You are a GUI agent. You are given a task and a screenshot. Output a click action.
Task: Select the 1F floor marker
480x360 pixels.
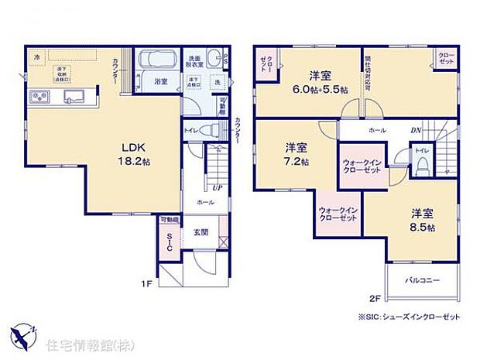146,283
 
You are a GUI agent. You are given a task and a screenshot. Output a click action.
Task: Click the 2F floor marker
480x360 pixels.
375,297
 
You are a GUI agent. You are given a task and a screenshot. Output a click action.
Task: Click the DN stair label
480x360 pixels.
416,130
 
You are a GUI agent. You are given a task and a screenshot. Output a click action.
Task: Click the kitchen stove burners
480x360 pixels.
39,97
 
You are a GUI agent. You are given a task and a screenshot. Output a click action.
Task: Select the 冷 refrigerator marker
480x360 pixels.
36,57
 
